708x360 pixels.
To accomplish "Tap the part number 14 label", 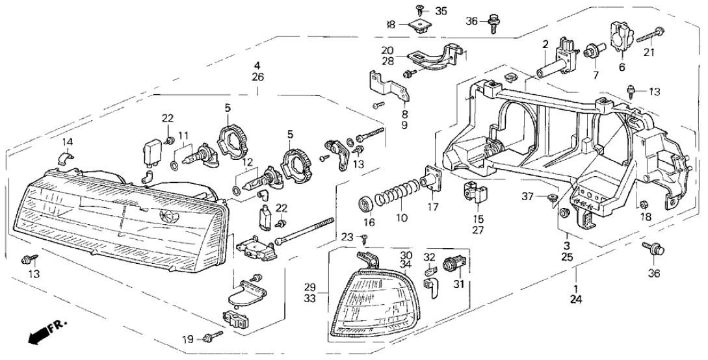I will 68,142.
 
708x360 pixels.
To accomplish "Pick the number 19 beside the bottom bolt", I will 187,339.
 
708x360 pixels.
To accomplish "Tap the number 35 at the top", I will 441,11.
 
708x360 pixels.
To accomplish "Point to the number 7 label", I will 593,74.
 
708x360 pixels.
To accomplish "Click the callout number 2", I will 545,44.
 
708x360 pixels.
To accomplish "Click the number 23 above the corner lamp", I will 346,237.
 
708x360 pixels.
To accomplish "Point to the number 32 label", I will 429,257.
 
